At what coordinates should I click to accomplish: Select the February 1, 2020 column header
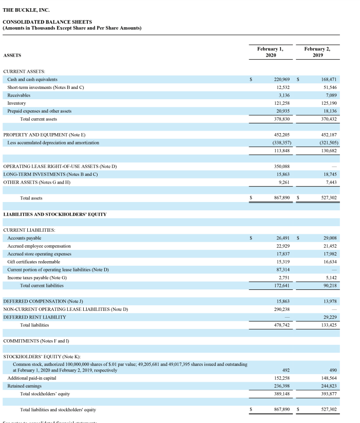click(270, 51)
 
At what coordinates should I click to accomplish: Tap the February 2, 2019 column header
click(317, 51)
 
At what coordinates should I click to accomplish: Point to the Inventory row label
click(17, 103)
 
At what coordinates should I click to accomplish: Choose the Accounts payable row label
click(24, 238)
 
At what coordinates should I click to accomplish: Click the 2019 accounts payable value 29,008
click(327, 238)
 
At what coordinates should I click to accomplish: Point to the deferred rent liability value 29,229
click(327, 317)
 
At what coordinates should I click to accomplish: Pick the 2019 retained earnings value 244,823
click(326, 386)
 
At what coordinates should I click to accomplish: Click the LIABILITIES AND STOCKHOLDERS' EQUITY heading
click(55, 214)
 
